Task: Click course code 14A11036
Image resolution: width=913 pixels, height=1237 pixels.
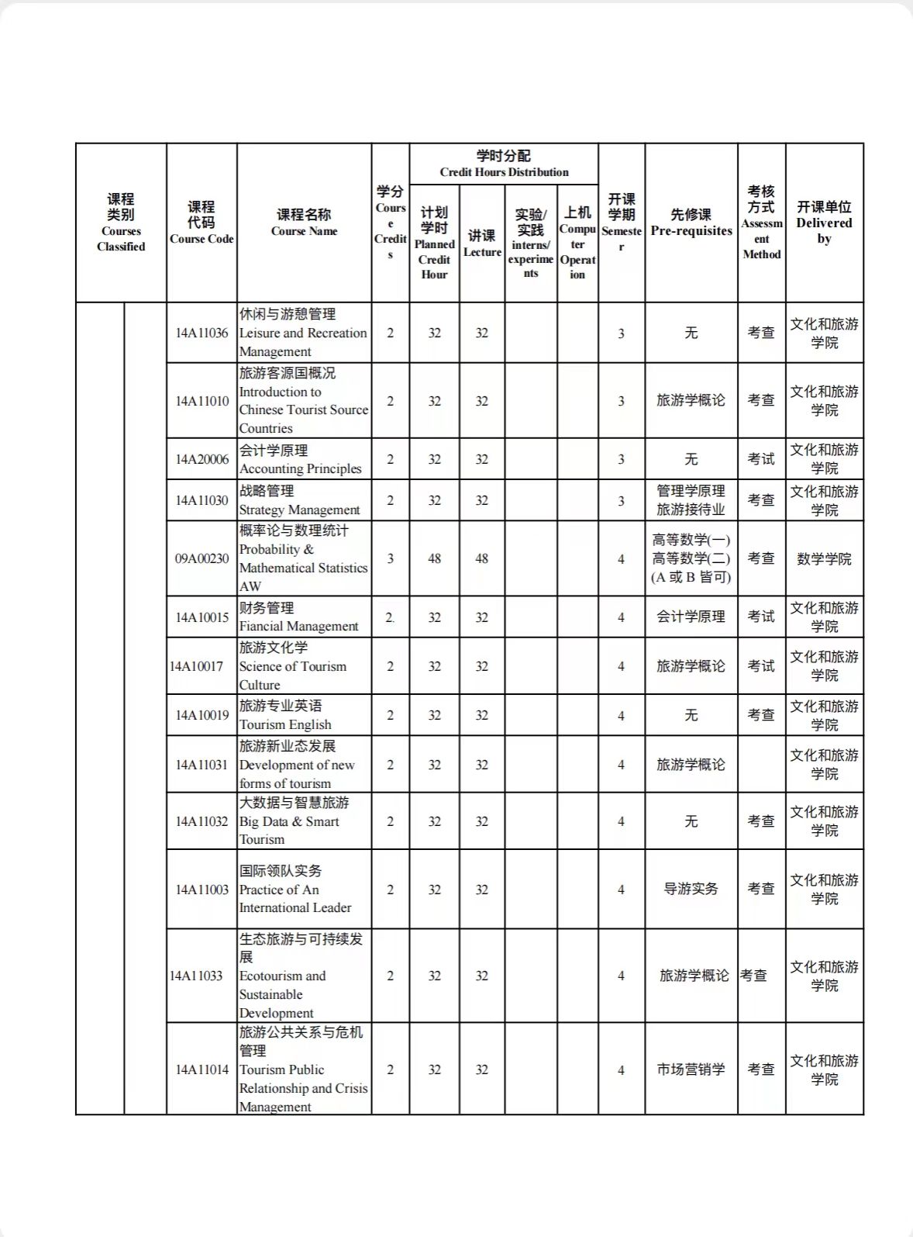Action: pos(202,333)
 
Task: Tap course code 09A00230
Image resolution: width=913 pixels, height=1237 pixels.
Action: pos(202,558)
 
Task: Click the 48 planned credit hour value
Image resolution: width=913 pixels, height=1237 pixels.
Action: pos(434,558)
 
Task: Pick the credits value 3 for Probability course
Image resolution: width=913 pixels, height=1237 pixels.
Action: pos(390,558)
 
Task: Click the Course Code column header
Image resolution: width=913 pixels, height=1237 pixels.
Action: pos(202,223)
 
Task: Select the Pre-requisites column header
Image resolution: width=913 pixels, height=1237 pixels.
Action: pos(691,223)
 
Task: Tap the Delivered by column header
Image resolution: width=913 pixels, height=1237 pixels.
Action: pos(824,223)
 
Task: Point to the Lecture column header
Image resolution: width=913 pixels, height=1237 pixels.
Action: pos(482,244)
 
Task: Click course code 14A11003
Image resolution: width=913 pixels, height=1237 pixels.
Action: pos(202,890)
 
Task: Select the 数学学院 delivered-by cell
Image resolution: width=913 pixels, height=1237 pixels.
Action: pos(824,558)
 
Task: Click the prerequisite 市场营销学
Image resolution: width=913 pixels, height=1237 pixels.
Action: pos(691,1069)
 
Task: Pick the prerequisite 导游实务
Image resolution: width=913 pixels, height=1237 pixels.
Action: pos(691,889)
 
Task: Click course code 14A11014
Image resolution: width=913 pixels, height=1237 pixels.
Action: pos(202,1069)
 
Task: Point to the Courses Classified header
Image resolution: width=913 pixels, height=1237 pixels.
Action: pos(121,223)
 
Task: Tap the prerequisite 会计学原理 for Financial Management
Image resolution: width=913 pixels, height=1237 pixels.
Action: pos(691,617)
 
